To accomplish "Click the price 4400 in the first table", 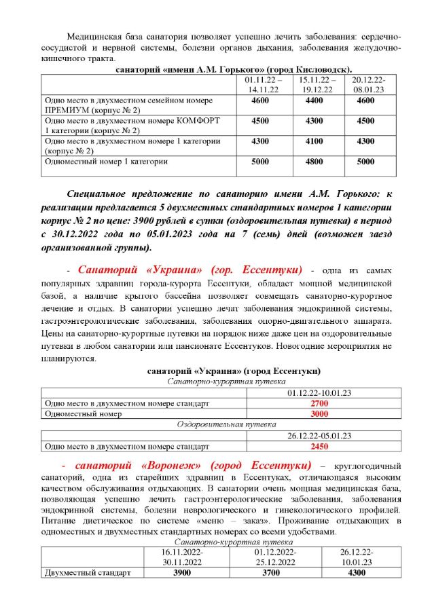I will tap(314, 100).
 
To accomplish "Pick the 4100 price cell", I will tap(314, 141).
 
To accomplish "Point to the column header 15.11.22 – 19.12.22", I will tap(314, 84).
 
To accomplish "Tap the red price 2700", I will tap(300, 403).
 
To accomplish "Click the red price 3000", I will tap(300, 413).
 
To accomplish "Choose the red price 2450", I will tap(300, 447).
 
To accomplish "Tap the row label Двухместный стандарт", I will tap(86, 572).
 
